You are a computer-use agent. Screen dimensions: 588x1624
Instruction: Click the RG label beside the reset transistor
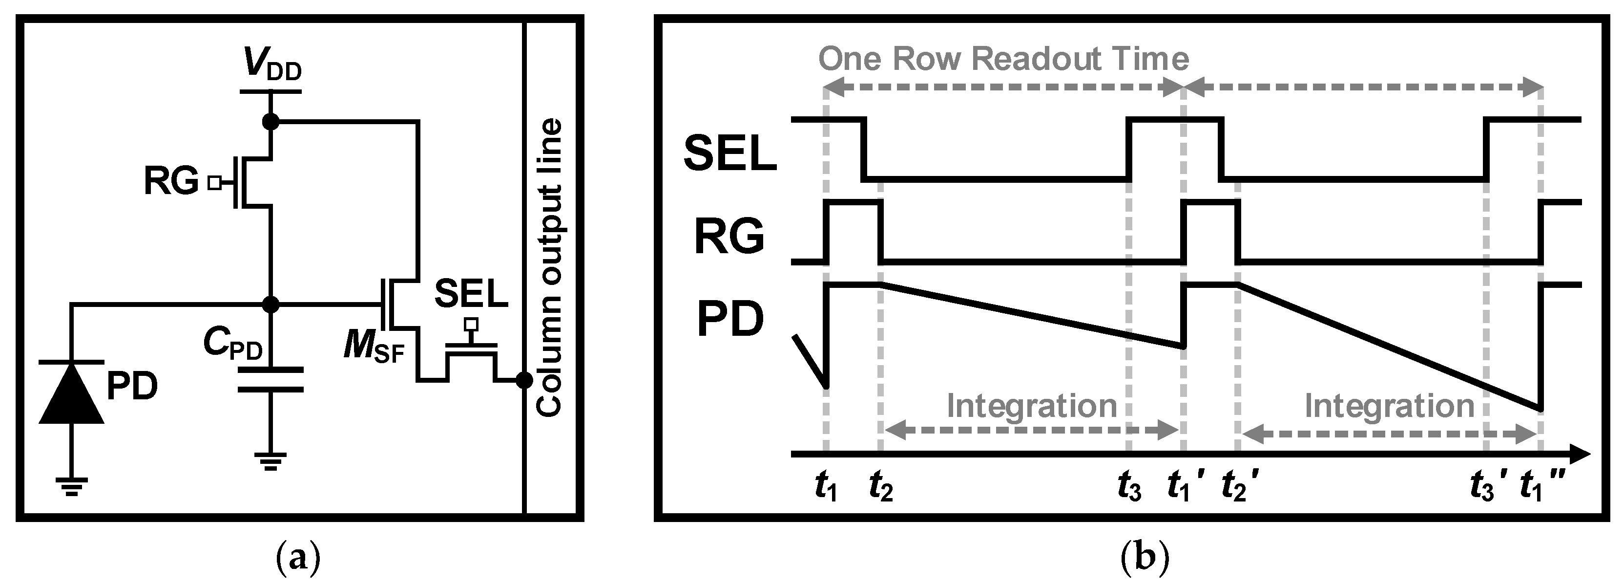click(x=171, y=182)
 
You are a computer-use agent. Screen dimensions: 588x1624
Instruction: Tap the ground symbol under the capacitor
click(x=271, y=462)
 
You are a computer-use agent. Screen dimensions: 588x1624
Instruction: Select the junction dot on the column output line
click(x=524, y=380)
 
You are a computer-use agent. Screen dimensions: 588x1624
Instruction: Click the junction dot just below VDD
click(x=271, y=121)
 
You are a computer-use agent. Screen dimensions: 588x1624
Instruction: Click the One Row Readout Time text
click(x=1003, y=59)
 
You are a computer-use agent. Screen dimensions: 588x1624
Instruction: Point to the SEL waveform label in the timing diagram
click(x=729, y=154)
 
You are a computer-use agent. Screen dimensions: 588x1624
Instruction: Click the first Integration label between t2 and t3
click(x=1031, y=406)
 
